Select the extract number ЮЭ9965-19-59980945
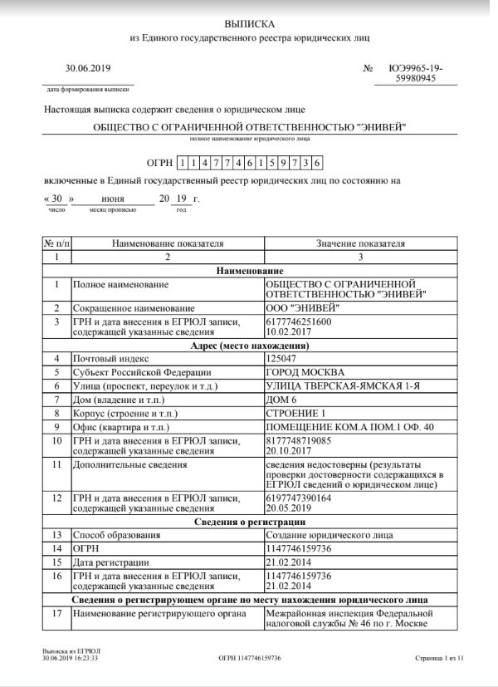coord(415,73)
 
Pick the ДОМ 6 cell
coord(281,400)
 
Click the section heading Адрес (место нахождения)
coord(249,345)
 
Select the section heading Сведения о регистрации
coord(249,521)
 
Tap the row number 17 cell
coord(56,614)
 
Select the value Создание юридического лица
coord(330,535)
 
